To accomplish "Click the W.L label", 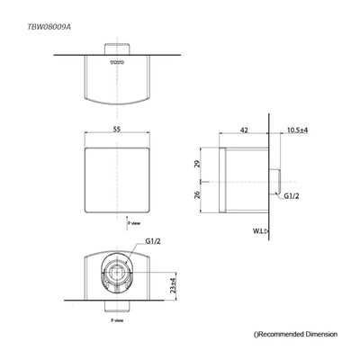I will point(258,231).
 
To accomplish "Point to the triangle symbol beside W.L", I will point(270,230).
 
